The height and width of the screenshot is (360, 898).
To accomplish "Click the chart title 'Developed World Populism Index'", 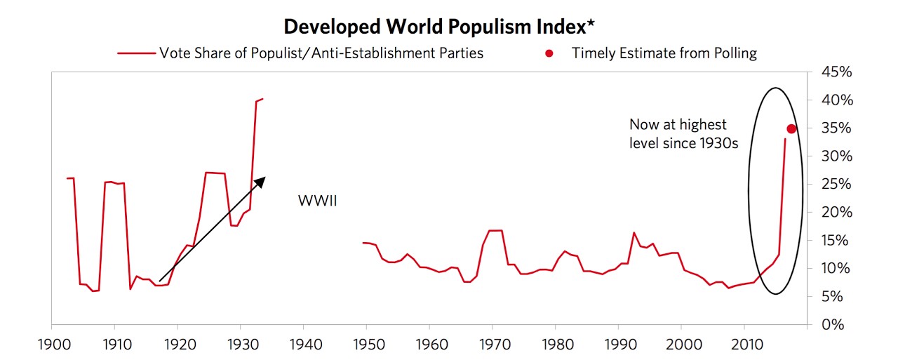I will pos(435,27).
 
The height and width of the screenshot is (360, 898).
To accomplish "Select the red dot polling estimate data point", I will pos(791,128).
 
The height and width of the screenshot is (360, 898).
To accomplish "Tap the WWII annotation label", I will pos(317,202).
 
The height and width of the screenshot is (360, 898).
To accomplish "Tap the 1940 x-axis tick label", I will pos(303,345).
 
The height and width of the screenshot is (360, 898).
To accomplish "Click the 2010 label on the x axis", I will pos(744,345).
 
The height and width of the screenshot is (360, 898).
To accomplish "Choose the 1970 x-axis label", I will pos(492,345).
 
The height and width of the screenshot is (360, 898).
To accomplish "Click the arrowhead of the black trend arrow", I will pos(260,181).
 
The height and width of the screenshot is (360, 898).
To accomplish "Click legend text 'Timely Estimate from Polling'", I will pos(664,53).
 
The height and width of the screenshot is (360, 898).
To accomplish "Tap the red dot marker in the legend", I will pos(549,53).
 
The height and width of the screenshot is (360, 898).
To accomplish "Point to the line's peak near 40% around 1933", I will pos(261,99).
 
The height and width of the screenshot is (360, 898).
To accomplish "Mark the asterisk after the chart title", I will pos(591,25).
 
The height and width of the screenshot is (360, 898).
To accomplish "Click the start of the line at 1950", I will pos(363,243).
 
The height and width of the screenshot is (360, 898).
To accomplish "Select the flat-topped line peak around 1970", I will pos(495,230).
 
